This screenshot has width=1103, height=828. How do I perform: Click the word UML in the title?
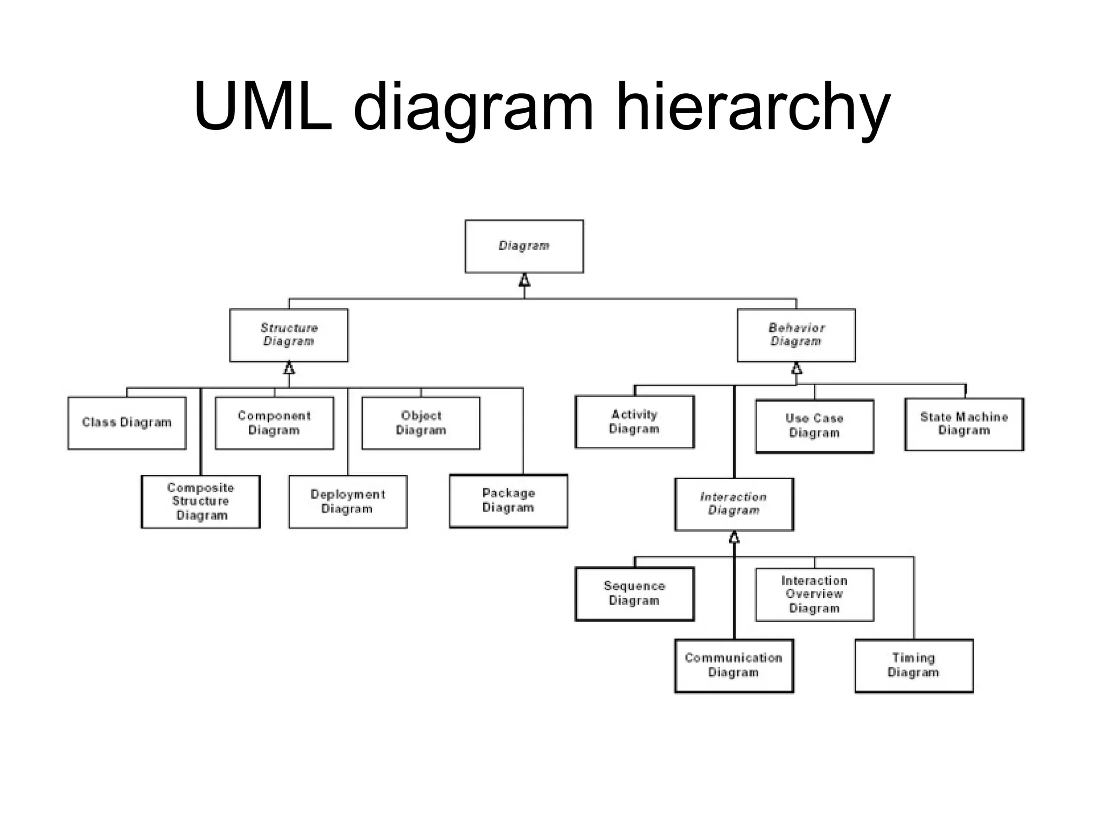263,107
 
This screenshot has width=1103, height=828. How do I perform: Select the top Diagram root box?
524,246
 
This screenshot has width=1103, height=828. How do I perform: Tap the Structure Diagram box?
289,335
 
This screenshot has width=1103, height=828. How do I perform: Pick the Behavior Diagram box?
796,335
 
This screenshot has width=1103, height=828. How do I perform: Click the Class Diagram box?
127,423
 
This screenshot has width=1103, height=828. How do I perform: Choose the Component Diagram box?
274,423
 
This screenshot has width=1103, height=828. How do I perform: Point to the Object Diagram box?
421,423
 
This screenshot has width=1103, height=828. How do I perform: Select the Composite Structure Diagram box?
200,501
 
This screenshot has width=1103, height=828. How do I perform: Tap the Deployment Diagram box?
347,501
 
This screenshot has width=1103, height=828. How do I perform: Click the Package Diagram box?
508,501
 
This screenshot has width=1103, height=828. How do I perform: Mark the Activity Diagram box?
634,422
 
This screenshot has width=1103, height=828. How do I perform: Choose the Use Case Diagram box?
814,426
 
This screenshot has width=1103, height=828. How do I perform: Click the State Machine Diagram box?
964,424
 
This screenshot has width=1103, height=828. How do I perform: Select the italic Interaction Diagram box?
734,504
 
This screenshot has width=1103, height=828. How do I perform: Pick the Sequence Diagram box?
634,594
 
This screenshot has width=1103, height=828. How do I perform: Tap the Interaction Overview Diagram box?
814,595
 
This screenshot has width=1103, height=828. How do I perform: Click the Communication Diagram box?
734,665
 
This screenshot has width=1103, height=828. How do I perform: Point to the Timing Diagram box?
913,665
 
